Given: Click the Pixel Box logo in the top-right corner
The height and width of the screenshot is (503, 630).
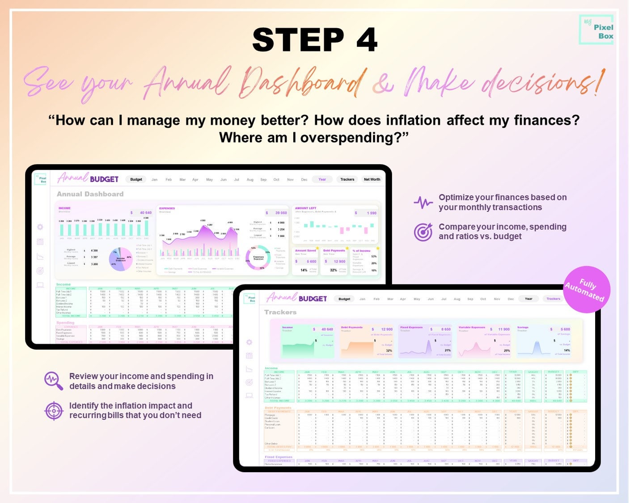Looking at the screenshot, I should pos(596,30).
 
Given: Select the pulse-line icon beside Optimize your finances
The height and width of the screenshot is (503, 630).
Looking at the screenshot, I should pos(423,203).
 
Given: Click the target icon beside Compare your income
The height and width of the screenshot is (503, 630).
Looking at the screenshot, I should pos(423,232).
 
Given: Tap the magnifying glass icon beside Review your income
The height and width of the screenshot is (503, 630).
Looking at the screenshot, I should pos(54,381).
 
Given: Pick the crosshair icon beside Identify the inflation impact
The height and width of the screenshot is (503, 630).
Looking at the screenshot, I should pos(54,410).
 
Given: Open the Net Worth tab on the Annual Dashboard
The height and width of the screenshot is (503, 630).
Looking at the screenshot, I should pos(372,179).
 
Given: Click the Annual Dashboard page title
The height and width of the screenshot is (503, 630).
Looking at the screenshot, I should pos(90,194).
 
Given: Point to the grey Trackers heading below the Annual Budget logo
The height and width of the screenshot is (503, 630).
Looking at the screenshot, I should pos(280,312).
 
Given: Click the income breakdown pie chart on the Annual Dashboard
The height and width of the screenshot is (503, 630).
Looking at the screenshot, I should pos(121,259).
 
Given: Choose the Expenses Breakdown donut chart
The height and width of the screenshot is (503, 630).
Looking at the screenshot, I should pos(258,258).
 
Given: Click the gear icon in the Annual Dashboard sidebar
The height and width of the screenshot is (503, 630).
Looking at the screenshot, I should pos(40,227).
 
